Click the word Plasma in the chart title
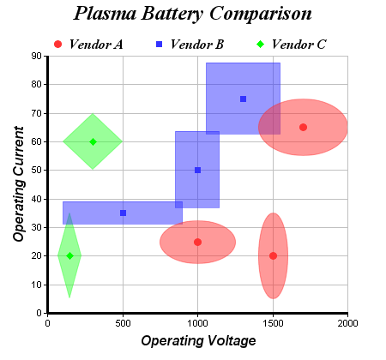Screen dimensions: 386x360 (x=106, y=14)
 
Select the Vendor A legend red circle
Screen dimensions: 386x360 (x=57, y=45)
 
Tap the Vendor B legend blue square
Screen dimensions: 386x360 (x=160, y=45)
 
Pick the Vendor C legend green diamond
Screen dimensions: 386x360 (x=261, y=45)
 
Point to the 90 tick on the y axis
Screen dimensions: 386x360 (x=36, y=56)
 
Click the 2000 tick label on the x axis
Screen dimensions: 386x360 (x=347, y=323)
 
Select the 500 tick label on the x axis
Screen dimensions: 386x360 (x=123, y=323)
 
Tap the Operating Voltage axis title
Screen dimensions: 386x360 (x=198, y=341)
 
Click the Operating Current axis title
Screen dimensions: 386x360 (x=19, y=184)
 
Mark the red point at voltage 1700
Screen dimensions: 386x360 (x=303, y=128)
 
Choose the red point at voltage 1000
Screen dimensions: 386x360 (x=197, y=242)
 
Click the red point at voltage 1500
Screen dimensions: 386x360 (x=273, y=255)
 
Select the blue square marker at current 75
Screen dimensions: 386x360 (x=243, y=99)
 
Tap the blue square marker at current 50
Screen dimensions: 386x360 (x=197, y=171)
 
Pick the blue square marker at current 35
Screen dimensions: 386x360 (x=123, y=213)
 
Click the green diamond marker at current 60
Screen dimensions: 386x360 (x=93, y=141)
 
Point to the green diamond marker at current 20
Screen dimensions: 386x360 (x=69, y=255)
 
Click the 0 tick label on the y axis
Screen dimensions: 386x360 (x=39, y=313)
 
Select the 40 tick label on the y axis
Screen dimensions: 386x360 (x=36, y=199)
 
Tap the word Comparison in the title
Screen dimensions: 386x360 (x=261, y=14)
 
